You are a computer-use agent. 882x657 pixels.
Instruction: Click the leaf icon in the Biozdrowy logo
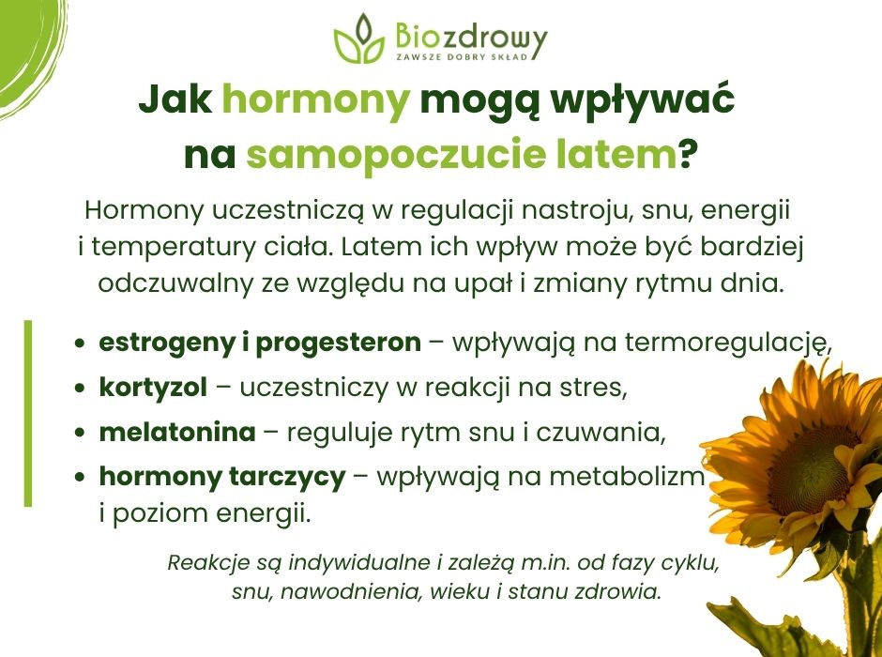[x=358, y=39]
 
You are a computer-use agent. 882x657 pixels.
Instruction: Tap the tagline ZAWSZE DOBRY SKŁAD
[x=462, y=57]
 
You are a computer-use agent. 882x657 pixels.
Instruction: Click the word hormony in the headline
[x=315, y=100]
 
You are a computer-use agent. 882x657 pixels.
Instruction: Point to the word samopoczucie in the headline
[x=396, y=155]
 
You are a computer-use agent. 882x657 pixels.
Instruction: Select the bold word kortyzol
[x=153, y=388]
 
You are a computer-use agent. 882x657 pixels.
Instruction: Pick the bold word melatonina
[x=177, y=432]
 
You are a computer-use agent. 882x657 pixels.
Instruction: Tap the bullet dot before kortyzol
[x=82, y=389]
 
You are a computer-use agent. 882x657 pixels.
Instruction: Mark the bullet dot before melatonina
[x=82, y=433]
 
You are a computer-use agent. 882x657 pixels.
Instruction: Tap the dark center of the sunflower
[x=808, y=469]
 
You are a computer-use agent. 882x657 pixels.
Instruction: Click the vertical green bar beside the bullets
[x=28, y=413]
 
